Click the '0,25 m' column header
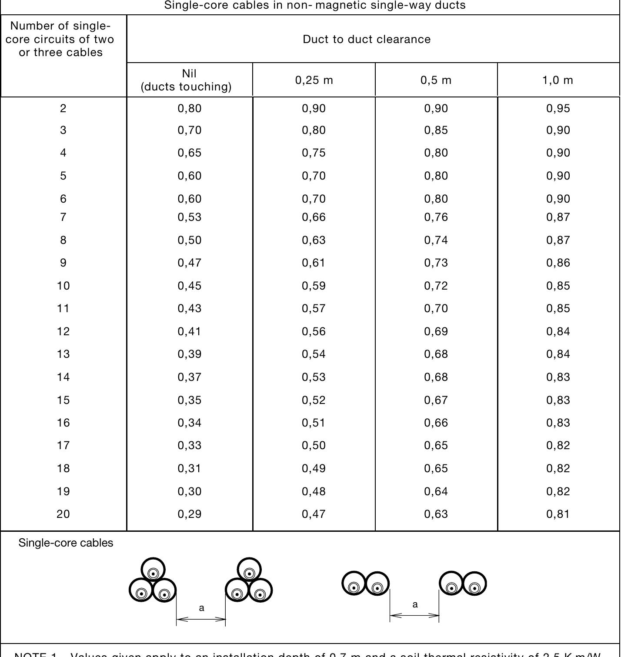pos(314,80)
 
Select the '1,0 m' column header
pos(558,80)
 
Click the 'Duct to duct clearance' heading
pos(367,39)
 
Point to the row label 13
pos(63,354)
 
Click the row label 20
pos(63,514)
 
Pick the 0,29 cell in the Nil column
pos(190,514)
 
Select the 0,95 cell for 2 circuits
pos(558,108)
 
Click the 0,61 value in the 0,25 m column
pos(314,263)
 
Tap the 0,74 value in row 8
pos(436,240)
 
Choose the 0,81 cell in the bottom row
pos(558,514)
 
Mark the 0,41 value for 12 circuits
pos(190,331)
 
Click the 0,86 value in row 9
pos(558,263)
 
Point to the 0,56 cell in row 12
pos(314,331)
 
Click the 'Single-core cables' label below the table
pos(66,543)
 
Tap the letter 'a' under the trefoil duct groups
pos(201,608)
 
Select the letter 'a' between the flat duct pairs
pos(415,604)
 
